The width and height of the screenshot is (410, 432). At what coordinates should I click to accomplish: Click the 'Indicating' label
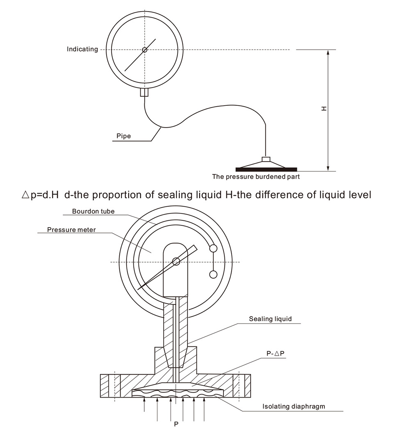[82, 49]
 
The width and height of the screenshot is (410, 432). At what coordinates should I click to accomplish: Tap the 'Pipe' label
[124, 136]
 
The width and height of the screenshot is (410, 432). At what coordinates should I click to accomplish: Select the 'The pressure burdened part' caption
[256, 176]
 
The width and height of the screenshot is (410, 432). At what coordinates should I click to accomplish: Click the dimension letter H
[324, 108]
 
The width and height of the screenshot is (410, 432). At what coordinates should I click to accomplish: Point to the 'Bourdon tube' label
[93, 211]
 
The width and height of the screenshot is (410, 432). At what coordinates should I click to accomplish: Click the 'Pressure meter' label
[72, 230]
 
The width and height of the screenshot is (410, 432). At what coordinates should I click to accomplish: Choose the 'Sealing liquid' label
[270, 319]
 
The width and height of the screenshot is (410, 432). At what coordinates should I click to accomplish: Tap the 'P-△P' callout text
[276, 354]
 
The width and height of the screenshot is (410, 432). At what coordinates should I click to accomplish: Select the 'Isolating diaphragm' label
[294, 407]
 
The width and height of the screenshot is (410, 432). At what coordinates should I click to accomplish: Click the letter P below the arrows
[176, 424]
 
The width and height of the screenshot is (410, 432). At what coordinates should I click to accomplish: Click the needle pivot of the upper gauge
[145, 50]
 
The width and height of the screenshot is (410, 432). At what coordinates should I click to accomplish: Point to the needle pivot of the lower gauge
[176, 261]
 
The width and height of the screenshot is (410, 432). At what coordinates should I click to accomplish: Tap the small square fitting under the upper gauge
[144, 92]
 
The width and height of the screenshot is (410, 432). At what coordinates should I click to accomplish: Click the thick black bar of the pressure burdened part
[266, 169]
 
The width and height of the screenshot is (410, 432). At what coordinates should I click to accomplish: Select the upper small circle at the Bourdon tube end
[213, 249]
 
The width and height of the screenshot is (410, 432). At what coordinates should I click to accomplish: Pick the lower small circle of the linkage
[213, 274]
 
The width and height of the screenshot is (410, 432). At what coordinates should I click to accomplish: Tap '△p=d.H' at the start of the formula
[40, 195]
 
